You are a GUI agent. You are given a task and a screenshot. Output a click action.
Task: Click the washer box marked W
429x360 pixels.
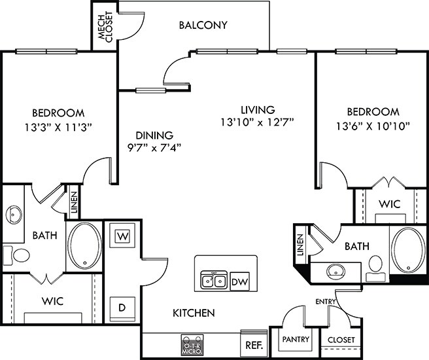tap(122, 235)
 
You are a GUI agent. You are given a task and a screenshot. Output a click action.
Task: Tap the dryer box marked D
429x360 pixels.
tap(122, 306)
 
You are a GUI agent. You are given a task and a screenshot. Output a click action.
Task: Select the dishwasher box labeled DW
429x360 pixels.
tap(240, 281)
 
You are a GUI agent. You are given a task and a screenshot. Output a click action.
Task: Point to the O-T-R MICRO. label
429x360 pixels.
tap(191, 345)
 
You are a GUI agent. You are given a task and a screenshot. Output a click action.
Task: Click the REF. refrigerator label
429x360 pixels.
tap(253, 344)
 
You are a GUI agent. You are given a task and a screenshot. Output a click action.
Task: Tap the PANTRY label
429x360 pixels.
tap(296, 340)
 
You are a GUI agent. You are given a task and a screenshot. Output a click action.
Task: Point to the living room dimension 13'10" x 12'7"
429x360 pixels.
tap(257, 122)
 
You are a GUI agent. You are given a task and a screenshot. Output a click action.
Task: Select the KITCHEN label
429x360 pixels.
tap(194, 314)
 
